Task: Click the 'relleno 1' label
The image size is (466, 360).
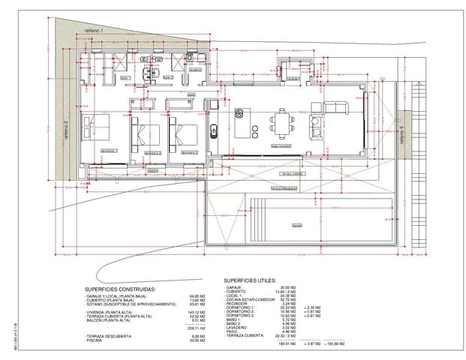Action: (x=92, y=29)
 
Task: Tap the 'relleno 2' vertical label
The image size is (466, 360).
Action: (x=66, y=129)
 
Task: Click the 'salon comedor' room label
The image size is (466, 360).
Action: (x=260, y=145)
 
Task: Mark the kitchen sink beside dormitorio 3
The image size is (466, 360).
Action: (x=214, y=131)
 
